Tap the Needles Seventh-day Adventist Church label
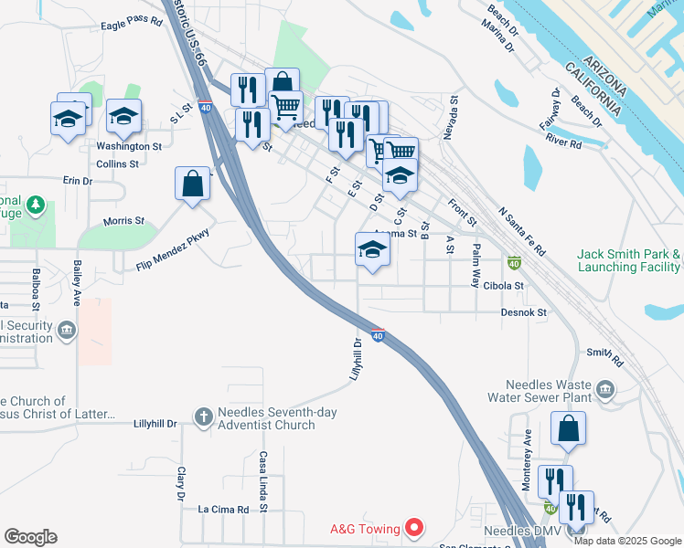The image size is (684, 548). click(x=277, y=418)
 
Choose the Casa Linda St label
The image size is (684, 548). click(x=262, y=481)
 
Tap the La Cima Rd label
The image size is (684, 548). click(x=223, y=509)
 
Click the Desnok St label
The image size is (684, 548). click(x=523, y=312)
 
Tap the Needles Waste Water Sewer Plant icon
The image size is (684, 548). click(x=604, y=391)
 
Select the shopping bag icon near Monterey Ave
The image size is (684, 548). click(x=568, y=428)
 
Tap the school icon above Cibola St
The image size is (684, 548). click(x=372, y=249)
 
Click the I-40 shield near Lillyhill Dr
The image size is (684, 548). click(x=378, y=335)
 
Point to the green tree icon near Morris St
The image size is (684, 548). click(x=36, y=205)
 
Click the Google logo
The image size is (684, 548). click(x=30, y=537)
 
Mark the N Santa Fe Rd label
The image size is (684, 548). click(x=522, y=231)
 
